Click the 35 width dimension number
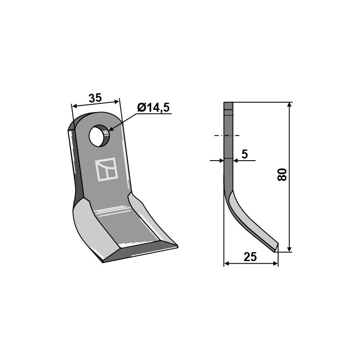95,98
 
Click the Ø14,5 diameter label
153,108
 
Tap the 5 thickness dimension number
245,154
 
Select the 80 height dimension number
282,175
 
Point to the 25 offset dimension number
250,256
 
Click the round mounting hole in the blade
99,136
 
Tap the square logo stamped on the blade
106,170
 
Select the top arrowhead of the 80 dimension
289,106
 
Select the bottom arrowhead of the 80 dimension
289,248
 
